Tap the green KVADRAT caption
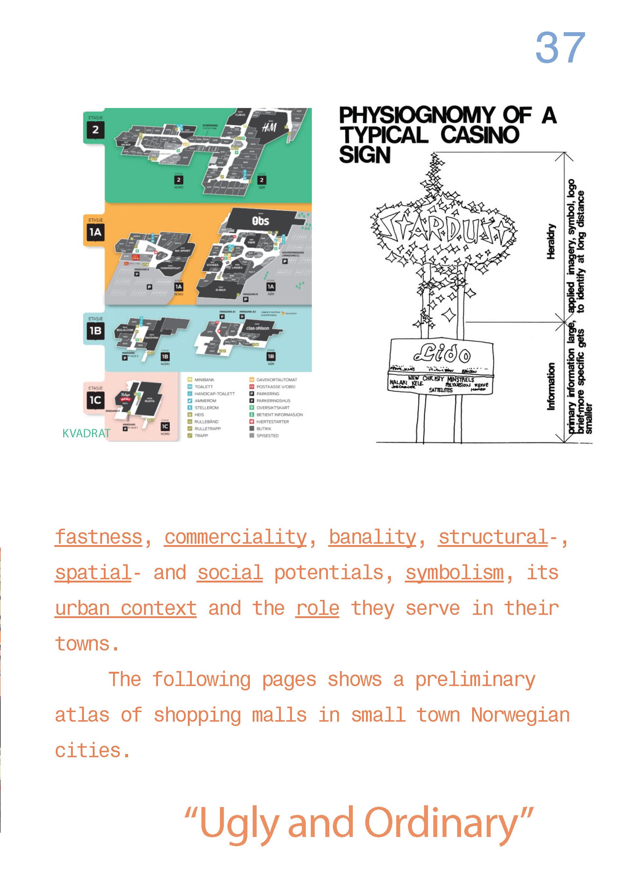[86, 433]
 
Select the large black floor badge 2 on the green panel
[95, 130]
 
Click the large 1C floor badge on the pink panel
[95, 400]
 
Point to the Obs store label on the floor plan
[261, 221]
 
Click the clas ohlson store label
[257, 328]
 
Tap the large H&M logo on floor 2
[269, 127]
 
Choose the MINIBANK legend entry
[204, 380]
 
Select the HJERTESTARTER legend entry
[272, 421]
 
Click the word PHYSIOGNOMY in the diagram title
[416, 115]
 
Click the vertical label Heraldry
[551, 241]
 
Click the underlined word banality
[372, 537]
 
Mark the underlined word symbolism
[454, 573]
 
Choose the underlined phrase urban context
[126, 608]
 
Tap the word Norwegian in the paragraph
[520, 715]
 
